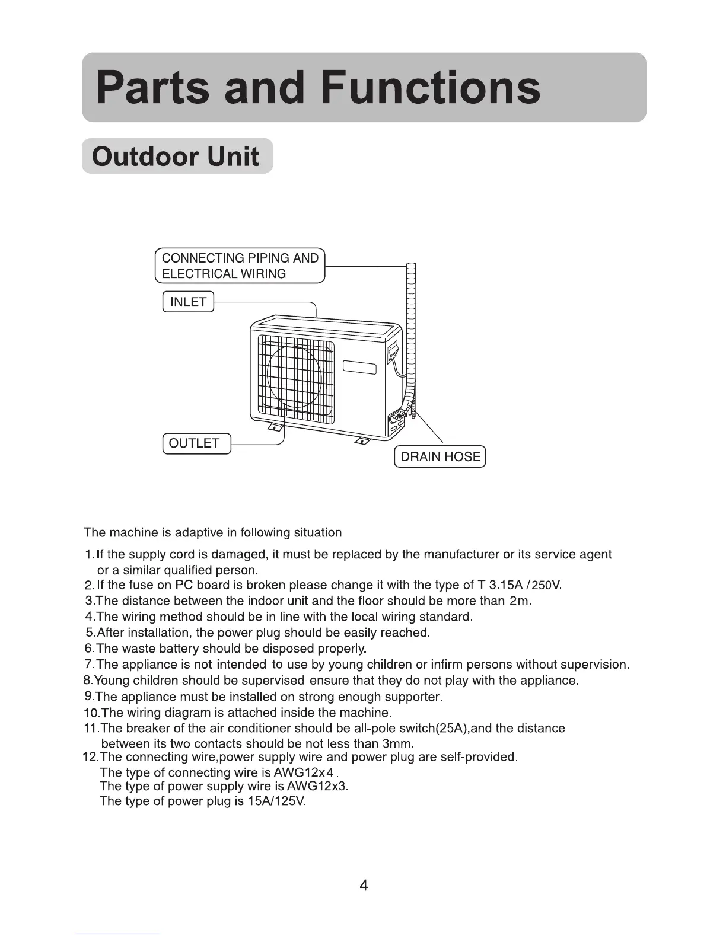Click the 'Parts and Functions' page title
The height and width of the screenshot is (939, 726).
coord(318,88)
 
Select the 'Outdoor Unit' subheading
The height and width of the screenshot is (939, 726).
coord(176,156)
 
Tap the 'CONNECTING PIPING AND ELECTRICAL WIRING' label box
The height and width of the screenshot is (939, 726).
coord(240,266)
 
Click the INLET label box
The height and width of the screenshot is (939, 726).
coord(188,302)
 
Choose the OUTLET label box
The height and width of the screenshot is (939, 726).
coord(196,443)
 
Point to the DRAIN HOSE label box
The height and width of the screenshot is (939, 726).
coord(440,456)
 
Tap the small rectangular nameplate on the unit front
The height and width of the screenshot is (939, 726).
coord(359,368)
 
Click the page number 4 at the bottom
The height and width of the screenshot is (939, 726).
coord(364,886)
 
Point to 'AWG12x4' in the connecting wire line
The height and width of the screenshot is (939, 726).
coord(304,772)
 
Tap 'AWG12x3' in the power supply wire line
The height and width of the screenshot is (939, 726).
coord(317,787)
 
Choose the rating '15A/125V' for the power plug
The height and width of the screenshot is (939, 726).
coord(276,801)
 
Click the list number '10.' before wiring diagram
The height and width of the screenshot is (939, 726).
coord(91,713)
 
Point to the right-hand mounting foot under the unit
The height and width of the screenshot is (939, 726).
coord(361,440)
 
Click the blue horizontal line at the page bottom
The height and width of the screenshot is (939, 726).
coord(117,934)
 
